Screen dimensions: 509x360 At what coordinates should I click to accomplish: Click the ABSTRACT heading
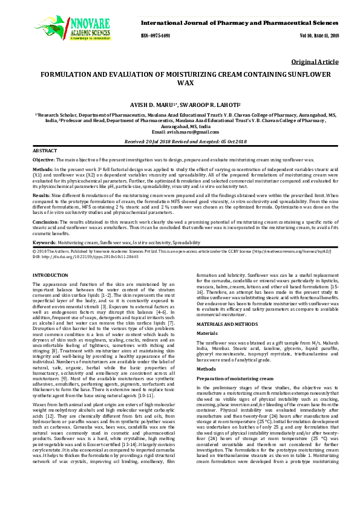click(x=45, y=149)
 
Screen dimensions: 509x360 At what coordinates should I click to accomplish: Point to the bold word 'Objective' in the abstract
click(x=44, y=158)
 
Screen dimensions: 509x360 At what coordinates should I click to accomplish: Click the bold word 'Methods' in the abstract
click(x=42, y=170)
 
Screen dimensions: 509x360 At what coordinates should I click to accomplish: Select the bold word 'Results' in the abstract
click(x=42, y=196)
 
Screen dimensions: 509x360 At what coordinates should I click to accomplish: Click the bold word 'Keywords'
click(x=44, y=242)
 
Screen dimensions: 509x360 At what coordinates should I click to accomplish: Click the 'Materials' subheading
click(x=207, y=333)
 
